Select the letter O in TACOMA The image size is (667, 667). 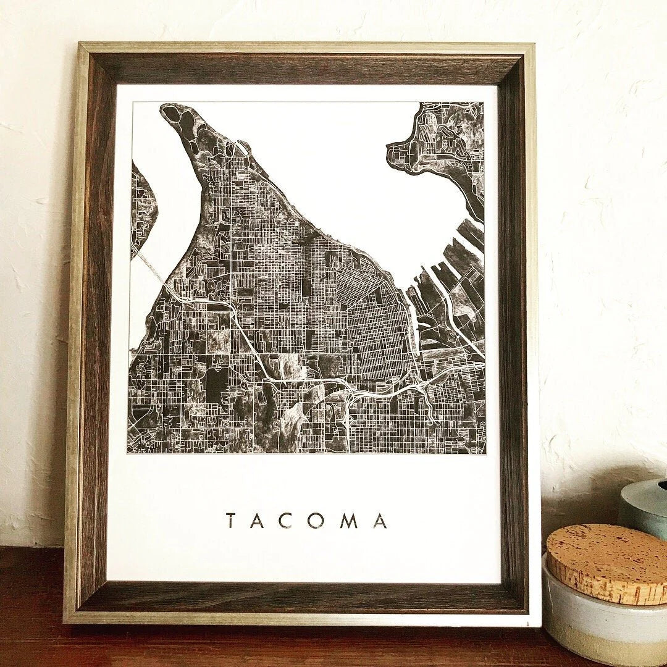[319, 521]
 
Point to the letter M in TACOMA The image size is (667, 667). [350, 521]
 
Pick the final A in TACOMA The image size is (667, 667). [380, 521]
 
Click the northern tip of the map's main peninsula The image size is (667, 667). [169, 110]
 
